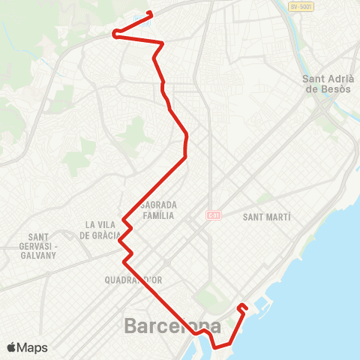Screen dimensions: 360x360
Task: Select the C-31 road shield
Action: (x=213, y=215)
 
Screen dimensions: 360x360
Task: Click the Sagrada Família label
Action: (x=157, y=209)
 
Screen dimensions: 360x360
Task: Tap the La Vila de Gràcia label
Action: (x=103, y=229)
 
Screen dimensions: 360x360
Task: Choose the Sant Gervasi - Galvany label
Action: (x=38, y=245)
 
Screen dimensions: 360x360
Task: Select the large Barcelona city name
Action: (x=172, y=326)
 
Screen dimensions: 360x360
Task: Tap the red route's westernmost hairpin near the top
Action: (x=114, y=33)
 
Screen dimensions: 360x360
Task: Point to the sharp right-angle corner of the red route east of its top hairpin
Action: (x=163, y=44)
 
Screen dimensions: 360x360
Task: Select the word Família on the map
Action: (x=158, y=214)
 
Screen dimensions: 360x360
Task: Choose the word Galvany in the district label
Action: (x=38, y=255)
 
